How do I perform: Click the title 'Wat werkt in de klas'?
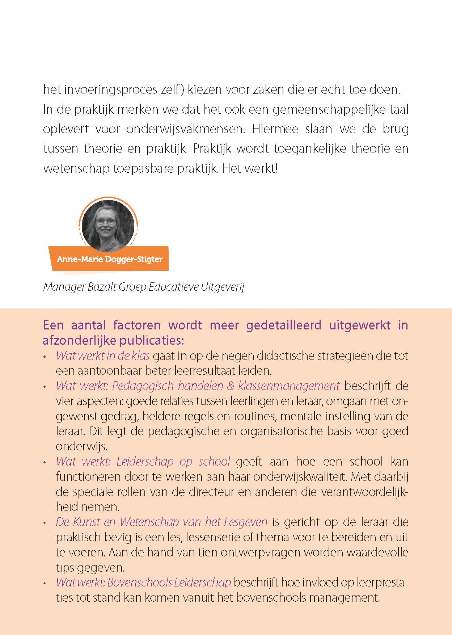click(x=103, y=356)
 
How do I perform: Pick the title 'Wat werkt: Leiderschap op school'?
click(x=143, y=462)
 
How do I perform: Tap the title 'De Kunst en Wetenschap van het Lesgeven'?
click(x=162, y=522)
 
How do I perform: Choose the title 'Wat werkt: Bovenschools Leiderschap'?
click(x=143, y=583)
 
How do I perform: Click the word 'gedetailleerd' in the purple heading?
click(x=283, y=325)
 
